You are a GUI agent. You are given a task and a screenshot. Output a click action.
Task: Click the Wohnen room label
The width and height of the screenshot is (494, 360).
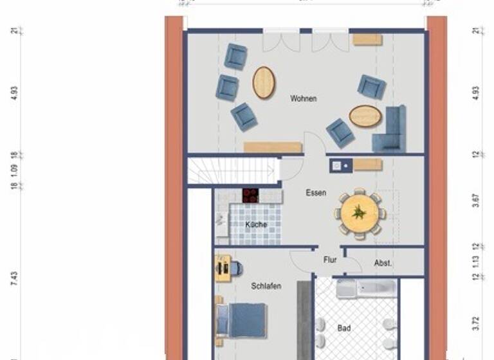coord(303,98)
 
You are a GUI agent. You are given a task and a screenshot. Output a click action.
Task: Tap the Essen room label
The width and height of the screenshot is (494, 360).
coord(315,192)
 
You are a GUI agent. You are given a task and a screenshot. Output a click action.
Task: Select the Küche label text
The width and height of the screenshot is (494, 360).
coord(256,224)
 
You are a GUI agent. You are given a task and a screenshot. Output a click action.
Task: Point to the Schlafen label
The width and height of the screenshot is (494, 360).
coord(266,286)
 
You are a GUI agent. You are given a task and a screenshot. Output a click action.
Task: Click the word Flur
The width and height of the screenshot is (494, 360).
coord(329,260)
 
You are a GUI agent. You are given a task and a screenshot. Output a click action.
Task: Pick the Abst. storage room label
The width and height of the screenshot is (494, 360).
coord(383,263)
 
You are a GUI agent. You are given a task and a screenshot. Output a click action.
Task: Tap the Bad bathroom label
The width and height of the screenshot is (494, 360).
coord(344,328)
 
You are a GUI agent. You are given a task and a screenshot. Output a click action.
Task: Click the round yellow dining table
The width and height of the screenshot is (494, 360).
coord(359,213)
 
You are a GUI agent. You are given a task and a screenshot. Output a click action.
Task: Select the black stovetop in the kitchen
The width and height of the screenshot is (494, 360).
coord(250,195)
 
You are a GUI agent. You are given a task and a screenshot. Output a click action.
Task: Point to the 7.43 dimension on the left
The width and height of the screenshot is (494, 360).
coord(14,277)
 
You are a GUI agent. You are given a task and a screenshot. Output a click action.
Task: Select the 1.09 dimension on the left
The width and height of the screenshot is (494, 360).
coord(14,170)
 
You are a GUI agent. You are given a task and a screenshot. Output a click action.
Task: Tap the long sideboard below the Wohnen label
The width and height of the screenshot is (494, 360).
coord(273,147)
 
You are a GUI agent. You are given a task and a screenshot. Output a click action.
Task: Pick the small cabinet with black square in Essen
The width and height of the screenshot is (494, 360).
coord(339,166)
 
